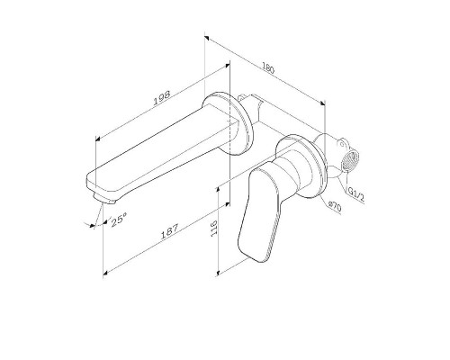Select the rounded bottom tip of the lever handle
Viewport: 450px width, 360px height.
pos(249,253)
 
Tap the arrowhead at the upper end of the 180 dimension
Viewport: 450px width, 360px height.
pos(208,38)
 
